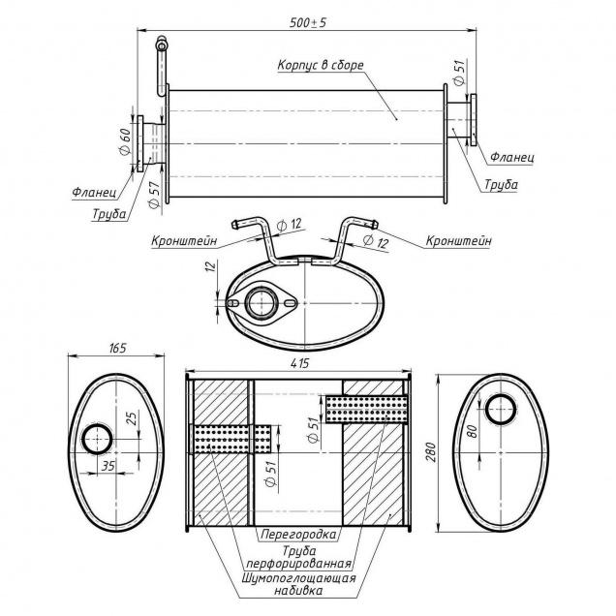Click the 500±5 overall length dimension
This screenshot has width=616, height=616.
pos(307,20)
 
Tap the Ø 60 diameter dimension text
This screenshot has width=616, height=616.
pos(125,143)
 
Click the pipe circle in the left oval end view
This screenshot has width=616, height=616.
pos(98,440)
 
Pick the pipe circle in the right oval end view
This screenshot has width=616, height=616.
pos(501,410)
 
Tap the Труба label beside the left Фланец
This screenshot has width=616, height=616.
pos(109,214)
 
